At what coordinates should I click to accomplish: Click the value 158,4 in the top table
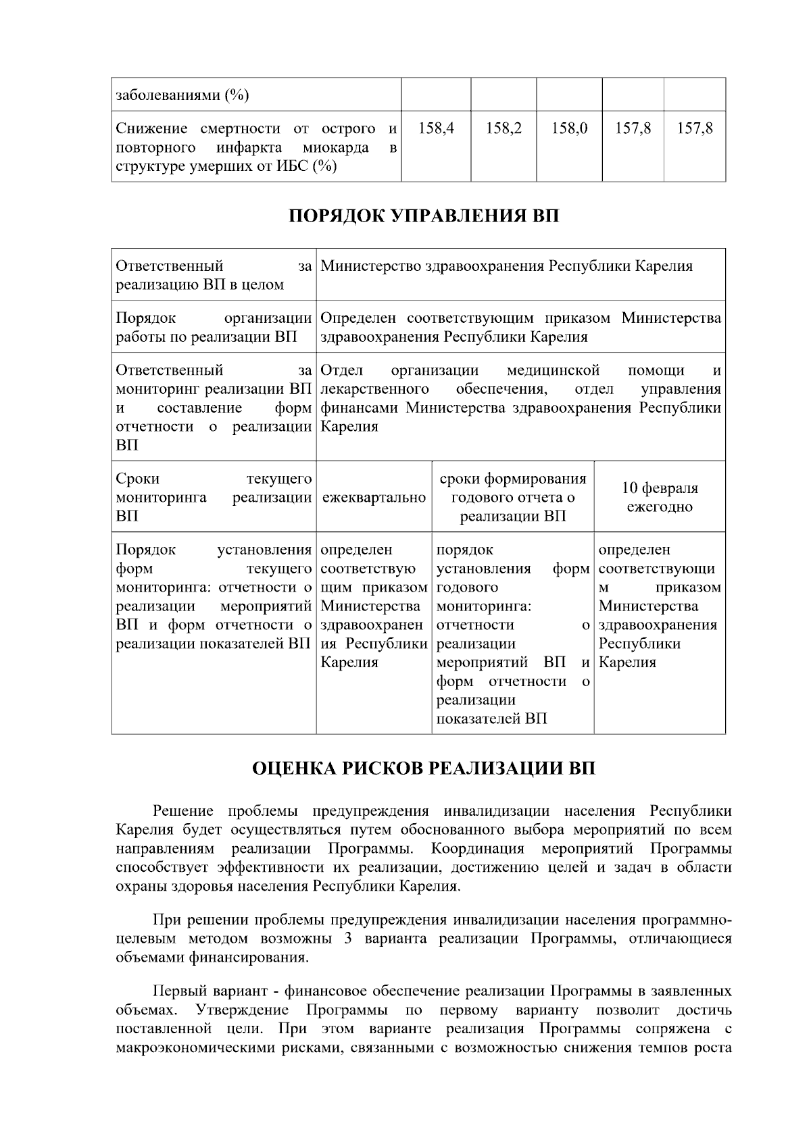(436, 128)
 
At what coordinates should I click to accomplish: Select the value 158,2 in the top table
(503, 128)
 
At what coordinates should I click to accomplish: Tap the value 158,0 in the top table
(569, 128)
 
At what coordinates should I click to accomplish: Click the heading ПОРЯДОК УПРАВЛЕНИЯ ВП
(424, 217)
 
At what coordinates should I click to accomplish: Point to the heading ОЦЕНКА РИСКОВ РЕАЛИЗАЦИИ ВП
(424, 769)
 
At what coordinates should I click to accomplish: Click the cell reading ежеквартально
(374, 498)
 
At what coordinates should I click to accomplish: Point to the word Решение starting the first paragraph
(183, 811)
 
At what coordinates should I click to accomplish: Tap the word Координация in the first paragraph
(478, 848)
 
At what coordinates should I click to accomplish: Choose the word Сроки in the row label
(138, 479)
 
